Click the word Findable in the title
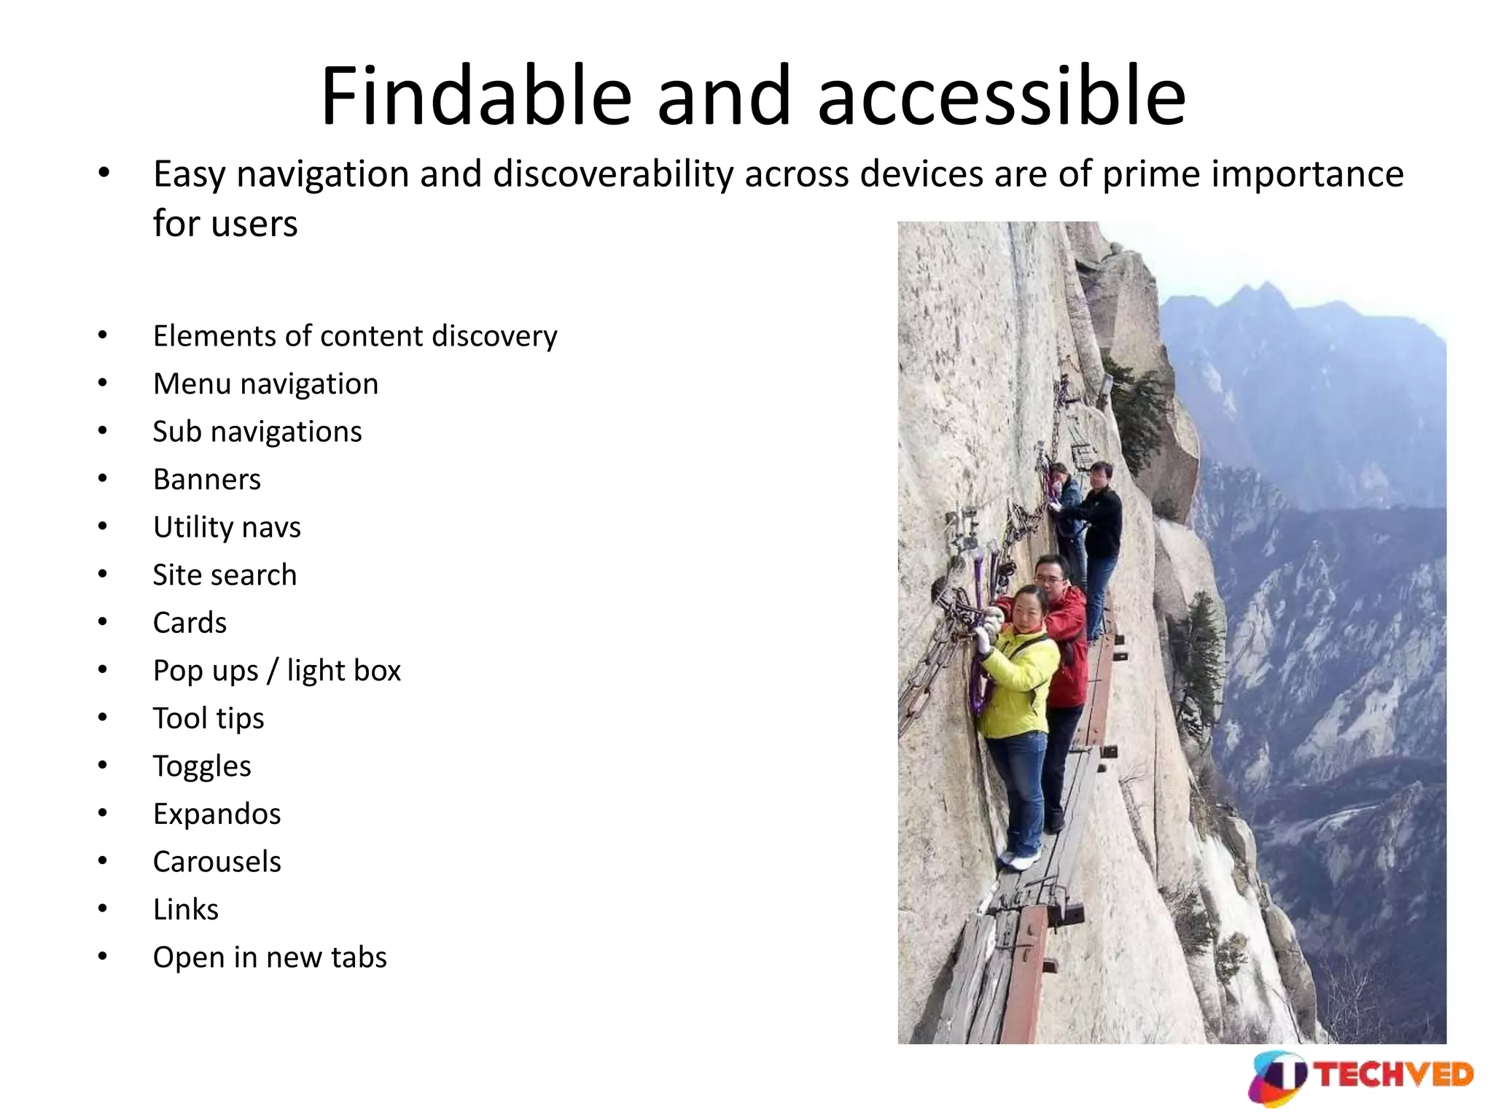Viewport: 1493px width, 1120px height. point(475,96)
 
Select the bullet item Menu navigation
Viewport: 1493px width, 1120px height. point(265,384)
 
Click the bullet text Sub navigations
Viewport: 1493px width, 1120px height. point(257,432)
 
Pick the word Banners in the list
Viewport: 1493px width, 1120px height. point(206,480)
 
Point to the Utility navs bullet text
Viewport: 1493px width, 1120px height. point(226,527)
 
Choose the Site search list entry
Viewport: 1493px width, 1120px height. point(225,575)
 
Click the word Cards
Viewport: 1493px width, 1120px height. point(190,623)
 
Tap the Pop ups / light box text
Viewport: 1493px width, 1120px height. point(276,671)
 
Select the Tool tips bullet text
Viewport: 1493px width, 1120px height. point(208,718)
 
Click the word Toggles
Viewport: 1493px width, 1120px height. point(201,766)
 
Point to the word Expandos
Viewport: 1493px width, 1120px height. point(217,814)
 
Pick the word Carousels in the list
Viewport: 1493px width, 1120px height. point(217,862)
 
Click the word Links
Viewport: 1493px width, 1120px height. point(185,909)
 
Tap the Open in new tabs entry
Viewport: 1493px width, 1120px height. point(269,957)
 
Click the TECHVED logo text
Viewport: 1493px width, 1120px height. point(1394,1075)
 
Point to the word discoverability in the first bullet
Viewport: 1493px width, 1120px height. point(612,175)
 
